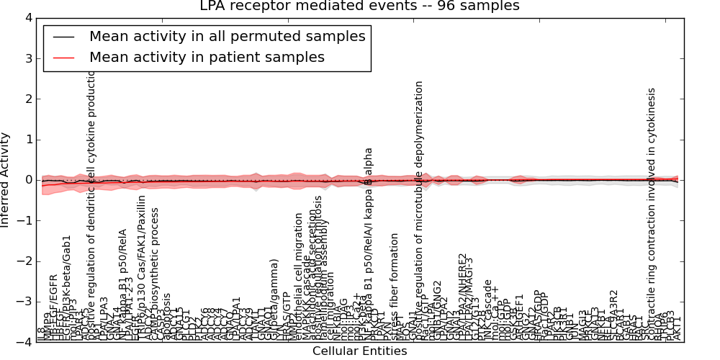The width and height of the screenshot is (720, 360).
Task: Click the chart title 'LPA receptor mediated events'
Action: point(359,6)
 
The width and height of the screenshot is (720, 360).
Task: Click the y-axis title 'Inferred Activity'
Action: point(6,180)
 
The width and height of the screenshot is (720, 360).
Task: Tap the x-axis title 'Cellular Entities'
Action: point(359,351)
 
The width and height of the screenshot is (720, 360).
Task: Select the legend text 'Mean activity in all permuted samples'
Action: point(227,36)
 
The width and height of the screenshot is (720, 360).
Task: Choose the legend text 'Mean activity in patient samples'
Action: point(207,57)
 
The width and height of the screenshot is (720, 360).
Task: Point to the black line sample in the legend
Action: point(65,36)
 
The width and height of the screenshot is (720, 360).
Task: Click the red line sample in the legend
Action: point(65,57)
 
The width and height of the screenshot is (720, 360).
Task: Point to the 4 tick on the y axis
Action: point(28,18)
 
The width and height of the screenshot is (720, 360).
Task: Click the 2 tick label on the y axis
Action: point(28,99)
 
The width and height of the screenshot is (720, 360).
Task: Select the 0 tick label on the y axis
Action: point(28,180)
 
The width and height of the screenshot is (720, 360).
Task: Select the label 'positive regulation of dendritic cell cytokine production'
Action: point(91,209)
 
